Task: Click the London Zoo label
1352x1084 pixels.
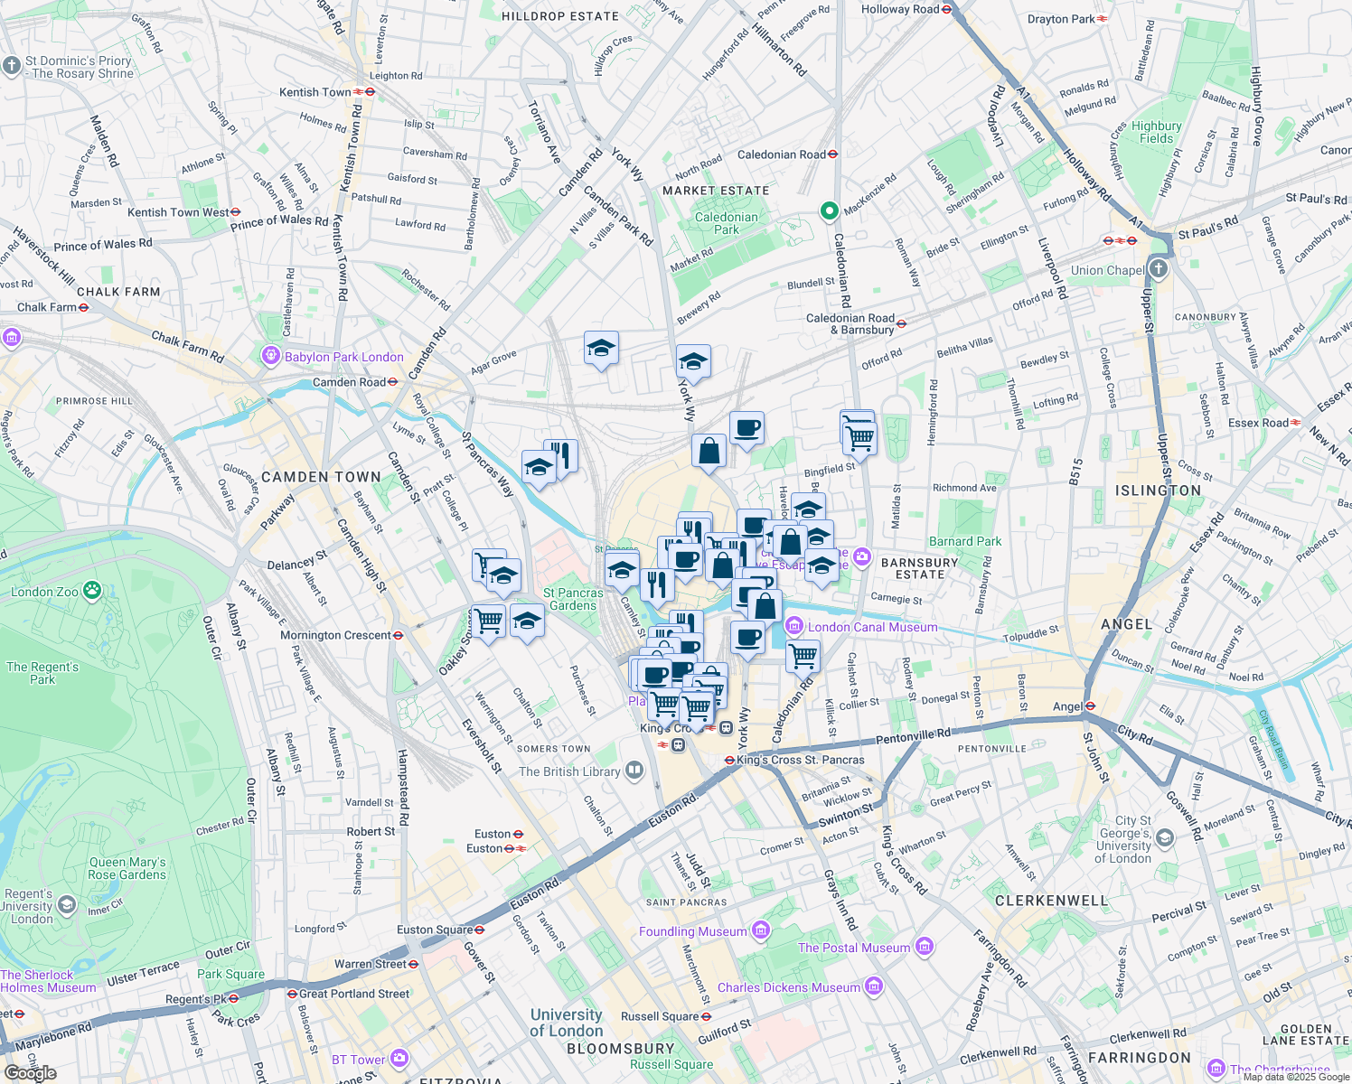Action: [x=45, y=592]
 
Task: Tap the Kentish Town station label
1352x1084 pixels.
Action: [x=315, y=92]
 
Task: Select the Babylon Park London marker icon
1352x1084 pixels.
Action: [x=270, y=356]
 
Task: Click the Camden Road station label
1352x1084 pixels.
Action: [x=349, y=382]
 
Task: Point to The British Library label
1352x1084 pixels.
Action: [x=569, y=771]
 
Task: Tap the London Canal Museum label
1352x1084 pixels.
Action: [x=872, y=627]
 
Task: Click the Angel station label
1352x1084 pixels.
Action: [x=1067, y=706]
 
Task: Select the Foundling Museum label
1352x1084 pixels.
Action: [x=693, y=931]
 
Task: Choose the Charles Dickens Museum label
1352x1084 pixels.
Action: [x=789, y=987]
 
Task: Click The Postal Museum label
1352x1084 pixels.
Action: [x=854, y=948]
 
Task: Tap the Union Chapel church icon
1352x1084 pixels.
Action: [x=1159, y=269]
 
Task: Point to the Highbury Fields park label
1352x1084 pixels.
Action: [x=1156, y=132]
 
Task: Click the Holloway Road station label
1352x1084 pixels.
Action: [x=900, y=9]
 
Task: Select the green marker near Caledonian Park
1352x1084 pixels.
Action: [x=829, y=211]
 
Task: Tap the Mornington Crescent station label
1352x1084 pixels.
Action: [x=335, y=635]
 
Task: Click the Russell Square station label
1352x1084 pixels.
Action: [x=660, y=1016]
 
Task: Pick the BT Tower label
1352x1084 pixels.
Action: [x=359, y=1060]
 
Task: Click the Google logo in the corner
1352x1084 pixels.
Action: [x=30, y=1073]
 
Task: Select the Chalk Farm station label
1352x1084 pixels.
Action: [x=47, y=307]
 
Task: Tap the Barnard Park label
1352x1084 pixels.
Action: [x=965, y=541]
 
